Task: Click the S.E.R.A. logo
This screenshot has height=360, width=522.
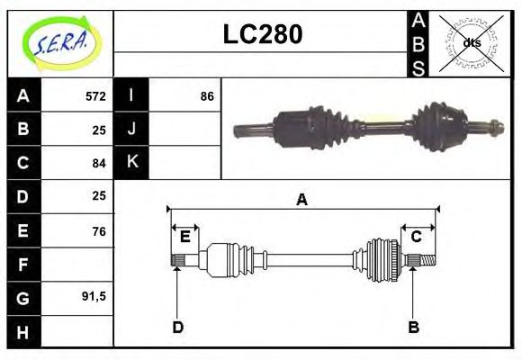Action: pyautogui.click(x=59, y=43)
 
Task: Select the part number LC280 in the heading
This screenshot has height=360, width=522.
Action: pyautogui.click(x=262, y=35)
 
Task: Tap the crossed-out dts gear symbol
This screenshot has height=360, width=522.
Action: pyautogui.click(x=472, y=42)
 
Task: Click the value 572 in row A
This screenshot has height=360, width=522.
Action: pyautogui.click(x=95, y=95)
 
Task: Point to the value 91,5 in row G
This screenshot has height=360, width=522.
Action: pyautogui.click(x=94, y=296)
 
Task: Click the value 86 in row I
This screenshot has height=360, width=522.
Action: pyautogui.click(x=207, y=95)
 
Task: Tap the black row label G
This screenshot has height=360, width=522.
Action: pyautogui.click(x=23, y=297)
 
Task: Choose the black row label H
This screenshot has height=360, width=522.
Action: pyautogui.click(x=23, y=331)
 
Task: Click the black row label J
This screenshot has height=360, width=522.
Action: pyautogui.click(x=131, y=129)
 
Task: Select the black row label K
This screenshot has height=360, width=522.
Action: pyautogui.click(x=131, y=163)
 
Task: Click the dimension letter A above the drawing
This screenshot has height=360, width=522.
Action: pyautogui.click(x=301, y=200)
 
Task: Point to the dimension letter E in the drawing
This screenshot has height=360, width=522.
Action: pyautogui.click(x=184, y=237)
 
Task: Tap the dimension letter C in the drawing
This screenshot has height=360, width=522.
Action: pyautogui.click(x=417, y=237)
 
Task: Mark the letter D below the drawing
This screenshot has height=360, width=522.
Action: pyautogui.click(x=177, y=327)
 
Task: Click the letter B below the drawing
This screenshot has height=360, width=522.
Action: pyautogui.click(x=413, y=327)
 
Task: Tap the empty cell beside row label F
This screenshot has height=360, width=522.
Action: pyautogui.click(x=78, y=265)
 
